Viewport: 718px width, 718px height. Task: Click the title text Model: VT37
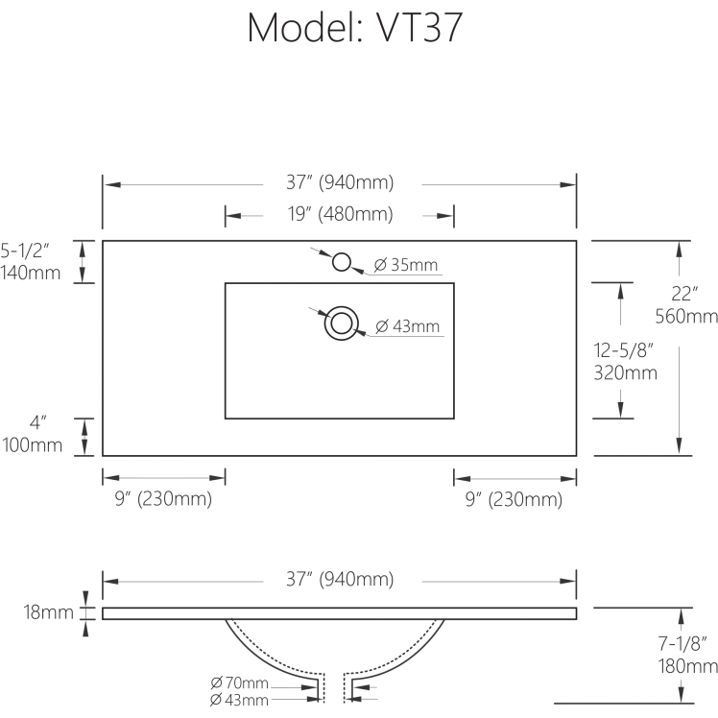click(x=356, y=29)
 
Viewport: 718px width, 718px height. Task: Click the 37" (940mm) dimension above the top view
click(x=340, y=182)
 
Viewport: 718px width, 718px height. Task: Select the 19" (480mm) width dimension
click(x=340, y=214)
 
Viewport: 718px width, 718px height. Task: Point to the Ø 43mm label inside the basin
click(x=408, y=327)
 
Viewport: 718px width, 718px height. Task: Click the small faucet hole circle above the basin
click(x=341, y=261)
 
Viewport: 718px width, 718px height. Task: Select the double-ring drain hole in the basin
click(x=341, y=323)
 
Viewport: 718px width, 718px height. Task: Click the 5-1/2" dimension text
click(x=32, y=251)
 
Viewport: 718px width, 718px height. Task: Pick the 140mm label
click(x=32, y=273)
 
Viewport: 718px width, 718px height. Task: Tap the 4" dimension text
click(x=37, y=422)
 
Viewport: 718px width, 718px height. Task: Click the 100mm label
click(x=32, y=444)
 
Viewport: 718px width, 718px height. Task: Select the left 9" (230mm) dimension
click(x=163, y=499)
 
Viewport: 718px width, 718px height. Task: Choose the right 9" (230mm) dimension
click(x=514, y=499)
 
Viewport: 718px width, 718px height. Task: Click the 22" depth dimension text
click(x=684, y=295)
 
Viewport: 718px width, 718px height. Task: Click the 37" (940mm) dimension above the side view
click(x=340, y=580)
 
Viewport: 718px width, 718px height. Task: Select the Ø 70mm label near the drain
click(x=239, y=683)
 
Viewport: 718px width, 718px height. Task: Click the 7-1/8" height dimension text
click(x=683, y=645)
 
